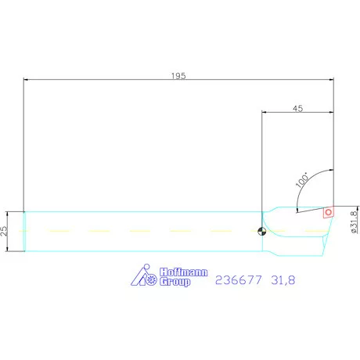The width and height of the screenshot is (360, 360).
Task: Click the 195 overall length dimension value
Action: click(x=179, y=75)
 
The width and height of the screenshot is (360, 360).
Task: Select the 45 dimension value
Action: click(x=297, y=108)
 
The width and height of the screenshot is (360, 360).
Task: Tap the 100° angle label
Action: click(x=302, y=180)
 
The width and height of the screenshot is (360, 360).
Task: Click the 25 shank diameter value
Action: click(x=5, y=232)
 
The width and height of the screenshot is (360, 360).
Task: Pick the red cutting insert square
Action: click(x=329, y=211)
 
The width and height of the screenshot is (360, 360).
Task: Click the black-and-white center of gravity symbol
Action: click(x=261, y=232)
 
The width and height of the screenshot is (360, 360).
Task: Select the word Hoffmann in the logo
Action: click(x=183, y=272)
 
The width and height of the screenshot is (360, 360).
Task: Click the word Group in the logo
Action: click(x=175, y=282)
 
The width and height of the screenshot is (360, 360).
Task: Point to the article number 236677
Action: click(x=238, y=279)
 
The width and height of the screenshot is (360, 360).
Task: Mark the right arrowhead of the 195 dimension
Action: click(x=331, y=80)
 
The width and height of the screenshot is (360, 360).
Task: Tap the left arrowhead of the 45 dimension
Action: click(x=265, y=113)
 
